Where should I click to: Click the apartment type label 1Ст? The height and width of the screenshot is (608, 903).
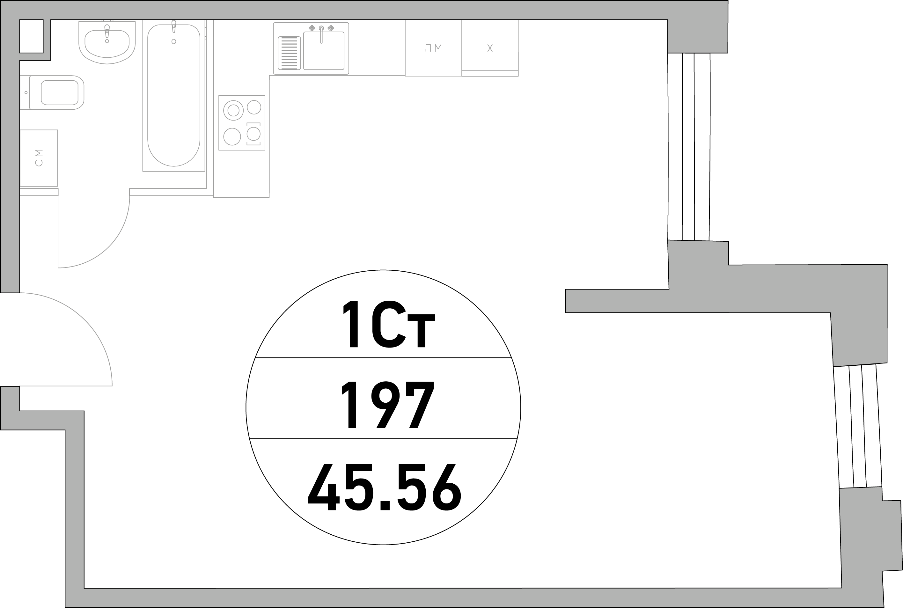(x=389, y=324)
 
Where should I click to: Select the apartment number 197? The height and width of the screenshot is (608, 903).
(x=387, y=405)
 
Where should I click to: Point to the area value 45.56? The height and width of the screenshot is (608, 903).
(x=385, y=487)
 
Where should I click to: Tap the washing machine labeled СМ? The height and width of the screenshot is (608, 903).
(x=39, y=158)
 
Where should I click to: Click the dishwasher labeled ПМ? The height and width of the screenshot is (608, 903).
(x=433, y=48)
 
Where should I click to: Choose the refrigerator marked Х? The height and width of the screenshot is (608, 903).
(x=490, y=48)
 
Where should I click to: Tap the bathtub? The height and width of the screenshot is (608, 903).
(x=174, y=95)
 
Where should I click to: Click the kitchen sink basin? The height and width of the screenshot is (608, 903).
(x=324, y=51)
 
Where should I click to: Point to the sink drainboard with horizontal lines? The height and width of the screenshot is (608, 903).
(x=289, y=53)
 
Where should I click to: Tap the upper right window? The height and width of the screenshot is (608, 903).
(x=689, y=147)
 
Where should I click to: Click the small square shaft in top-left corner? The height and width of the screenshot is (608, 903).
(x=31, y=36)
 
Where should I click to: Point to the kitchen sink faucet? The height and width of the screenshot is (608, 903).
(x=321, y=34)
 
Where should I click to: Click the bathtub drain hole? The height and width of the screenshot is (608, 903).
(x=174, y=41)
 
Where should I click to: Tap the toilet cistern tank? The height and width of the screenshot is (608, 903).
(x=25, y=93)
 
